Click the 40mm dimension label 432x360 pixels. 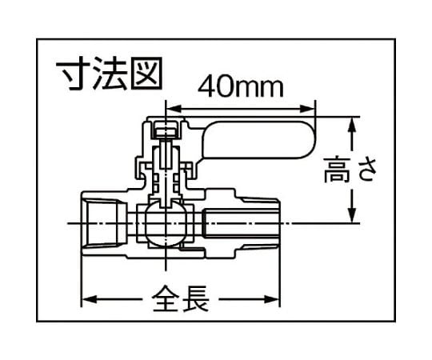coord(241,86)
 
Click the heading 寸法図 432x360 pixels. coord(109,74)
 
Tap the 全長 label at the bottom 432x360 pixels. coord(180,299)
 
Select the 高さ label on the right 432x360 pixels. coord(350,170)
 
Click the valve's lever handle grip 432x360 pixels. coord(258,140)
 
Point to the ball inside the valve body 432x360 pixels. coord(166,222)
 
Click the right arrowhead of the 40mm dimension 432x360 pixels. coord(307,109)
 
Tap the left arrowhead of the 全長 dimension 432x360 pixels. coord(90,299)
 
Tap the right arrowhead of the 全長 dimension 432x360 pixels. coord(271,299)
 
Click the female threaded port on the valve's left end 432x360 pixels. coord(103,223)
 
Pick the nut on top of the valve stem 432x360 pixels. coord(166,130)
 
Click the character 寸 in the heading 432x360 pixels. coord(73,74)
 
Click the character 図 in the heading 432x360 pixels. coord(146,74)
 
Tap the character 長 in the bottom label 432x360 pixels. coord(195,299)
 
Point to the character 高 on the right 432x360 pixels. coord(337,170)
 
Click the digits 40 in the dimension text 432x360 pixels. coord(217,86)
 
